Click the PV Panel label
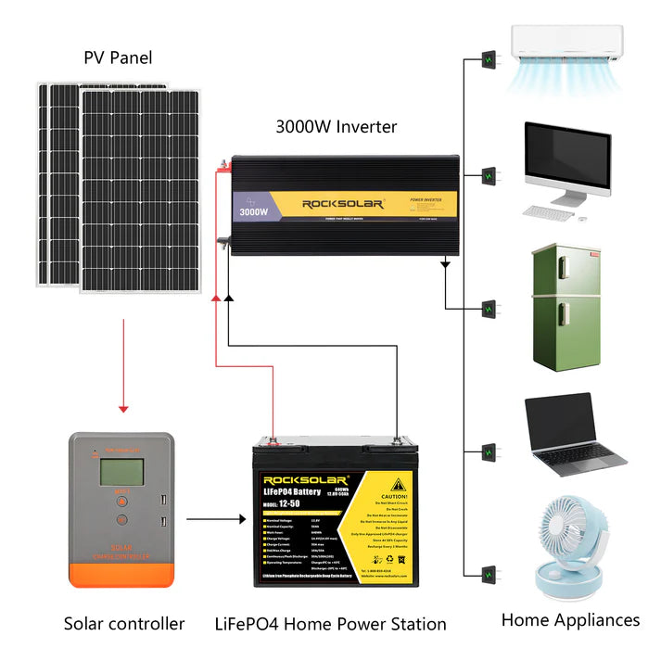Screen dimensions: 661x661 117,58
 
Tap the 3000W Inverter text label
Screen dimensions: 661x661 336,127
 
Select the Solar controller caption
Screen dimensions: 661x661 124,624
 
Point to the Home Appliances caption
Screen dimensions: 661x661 570,619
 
